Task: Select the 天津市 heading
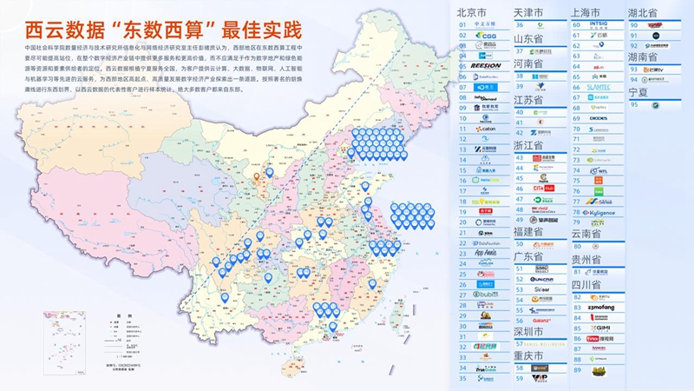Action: (x=531, y=13)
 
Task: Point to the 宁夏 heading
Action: (x=637, y=91)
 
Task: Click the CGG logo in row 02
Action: (x=487, y=36)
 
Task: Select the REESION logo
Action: (x=487, y=65)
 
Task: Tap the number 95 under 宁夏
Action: (x=633, y=105)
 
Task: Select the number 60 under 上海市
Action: (x=577, y=25)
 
